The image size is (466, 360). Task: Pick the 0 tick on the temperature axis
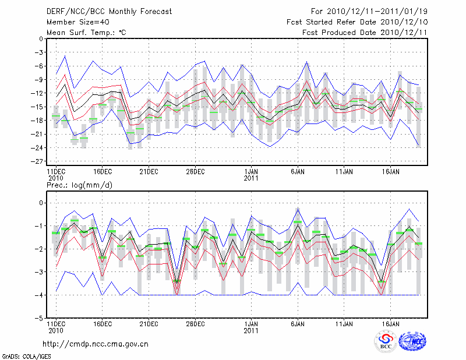click(x=40, y=39)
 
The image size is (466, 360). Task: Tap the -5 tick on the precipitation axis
click(x=38, y=319)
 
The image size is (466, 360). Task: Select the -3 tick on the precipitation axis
click(x=38, y=272)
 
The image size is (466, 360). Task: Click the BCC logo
click(x=386, y=342)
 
